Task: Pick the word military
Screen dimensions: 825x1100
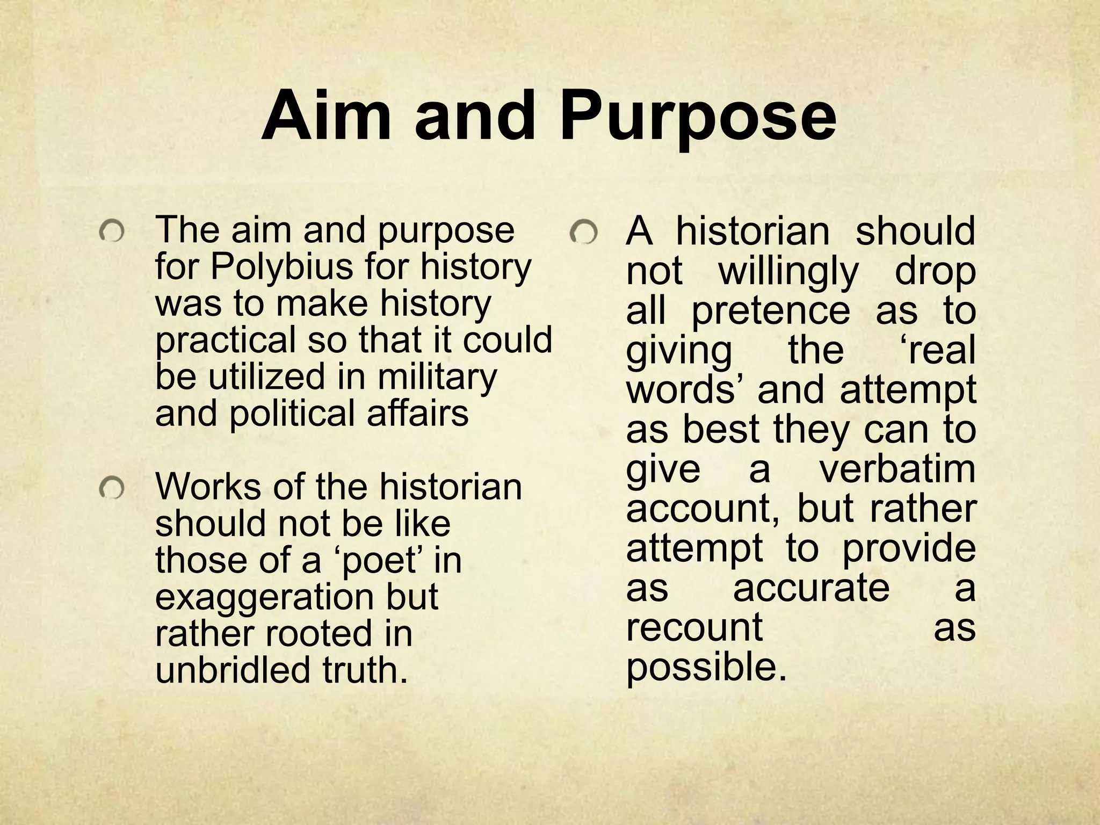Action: coord(437,377)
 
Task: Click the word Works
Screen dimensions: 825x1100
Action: coord(208,487)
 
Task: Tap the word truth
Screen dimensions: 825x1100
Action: coord(365,670)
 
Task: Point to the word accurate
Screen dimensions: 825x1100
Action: coord(811,587)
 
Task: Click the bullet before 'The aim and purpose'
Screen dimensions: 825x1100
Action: coord(112,232)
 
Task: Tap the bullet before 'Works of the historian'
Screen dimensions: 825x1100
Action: coord(112,488)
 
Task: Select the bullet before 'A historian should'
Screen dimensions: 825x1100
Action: coord(584,233)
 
